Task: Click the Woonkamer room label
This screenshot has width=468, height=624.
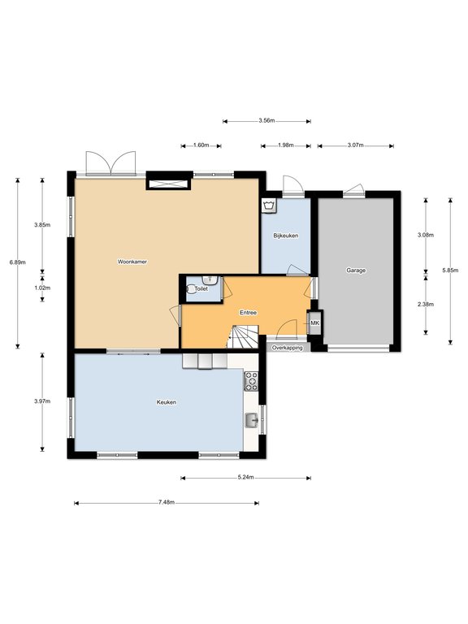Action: [132, 262]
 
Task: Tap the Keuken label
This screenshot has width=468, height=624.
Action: [167, 402]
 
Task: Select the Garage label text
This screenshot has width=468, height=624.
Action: [356, 271]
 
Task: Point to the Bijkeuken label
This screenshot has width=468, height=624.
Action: [286, 236]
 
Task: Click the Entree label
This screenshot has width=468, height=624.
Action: [248, 313]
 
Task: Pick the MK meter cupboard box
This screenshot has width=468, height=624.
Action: [314, 323]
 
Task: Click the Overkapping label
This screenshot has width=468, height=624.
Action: [287, 348]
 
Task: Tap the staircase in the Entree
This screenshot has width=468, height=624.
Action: [243, 336]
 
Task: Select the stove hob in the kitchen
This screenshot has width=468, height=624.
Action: [251, 380]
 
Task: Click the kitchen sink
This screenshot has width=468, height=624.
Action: [252, 420]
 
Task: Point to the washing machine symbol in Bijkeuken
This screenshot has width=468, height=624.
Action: [270, 206]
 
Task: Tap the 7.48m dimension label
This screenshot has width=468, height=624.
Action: [167, 502]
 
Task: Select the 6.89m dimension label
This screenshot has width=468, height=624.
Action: [18, 262]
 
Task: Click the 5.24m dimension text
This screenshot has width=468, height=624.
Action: [246, 477]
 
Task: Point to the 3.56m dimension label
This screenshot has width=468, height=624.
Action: [266, 120]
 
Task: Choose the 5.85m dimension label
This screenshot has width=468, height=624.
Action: [450, 271]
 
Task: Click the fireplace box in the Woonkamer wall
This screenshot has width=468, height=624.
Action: [169, 184]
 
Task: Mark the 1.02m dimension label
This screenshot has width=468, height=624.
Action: [42, 288]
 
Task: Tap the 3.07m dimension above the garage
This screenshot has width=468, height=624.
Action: [355, 145]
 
